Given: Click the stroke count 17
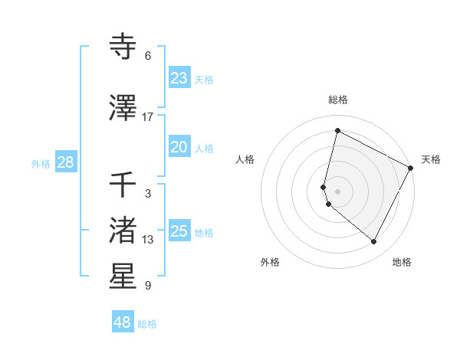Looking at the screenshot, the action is pos(147,116).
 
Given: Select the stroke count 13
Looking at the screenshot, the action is pos(147,240).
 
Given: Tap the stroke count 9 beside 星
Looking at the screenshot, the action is pos(147,286).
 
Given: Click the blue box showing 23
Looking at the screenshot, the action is pos(179,78).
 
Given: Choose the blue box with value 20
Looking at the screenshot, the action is pos(179,147).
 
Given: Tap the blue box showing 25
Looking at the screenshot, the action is pos(179,231).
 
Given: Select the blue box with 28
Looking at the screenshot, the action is pos(65,163).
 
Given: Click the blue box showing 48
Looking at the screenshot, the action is pos(123,322).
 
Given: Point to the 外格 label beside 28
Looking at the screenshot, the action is pos(41,164).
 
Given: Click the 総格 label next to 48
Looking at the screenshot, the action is pos(147,324).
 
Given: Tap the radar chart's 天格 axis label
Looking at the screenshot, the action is pos(431,159).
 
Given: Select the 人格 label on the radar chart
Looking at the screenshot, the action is pos(245,159).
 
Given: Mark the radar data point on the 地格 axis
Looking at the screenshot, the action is pos(374,242).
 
